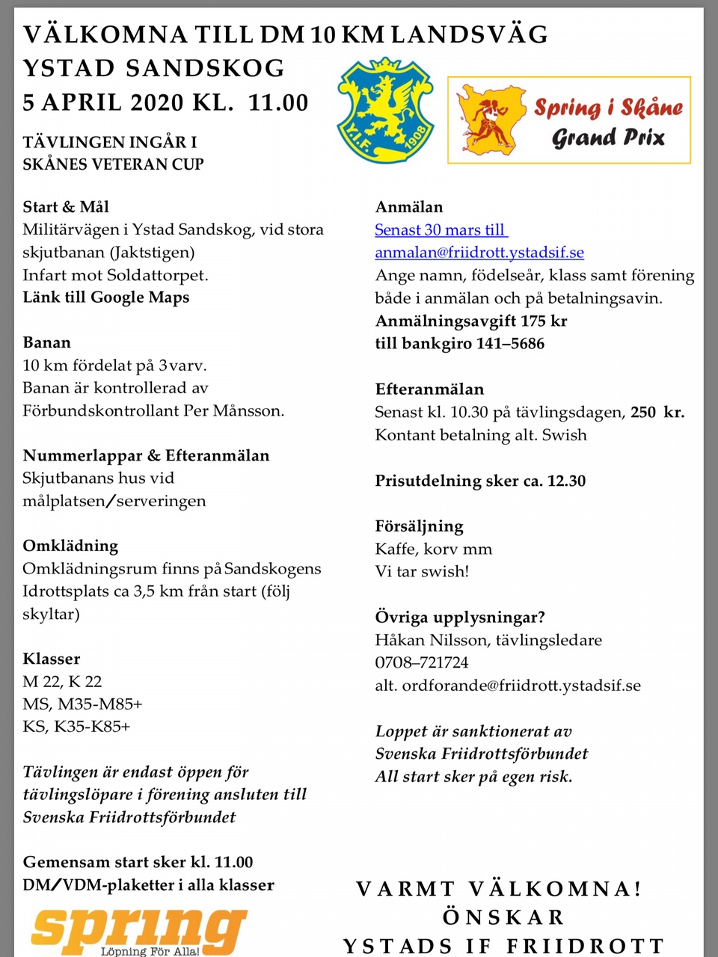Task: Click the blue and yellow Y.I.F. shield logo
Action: point(385,110)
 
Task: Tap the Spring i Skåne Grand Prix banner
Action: point(568,120)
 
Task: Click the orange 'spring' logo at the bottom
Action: point(139,929)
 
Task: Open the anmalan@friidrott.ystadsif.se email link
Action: point(479,253)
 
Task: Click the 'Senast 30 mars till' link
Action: point(441,230)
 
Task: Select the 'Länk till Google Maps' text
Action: point(105,298)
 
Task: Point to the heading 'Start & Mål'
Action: point(66,207)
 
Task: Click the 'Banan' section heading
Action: point(47,342)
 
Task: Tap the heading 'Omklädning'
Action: point(70,546)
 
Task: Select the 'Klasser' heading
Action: point(52,659)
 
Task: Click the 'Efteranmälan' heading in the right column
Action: point(429,389)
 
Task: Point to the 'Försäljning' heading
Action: point(419,526)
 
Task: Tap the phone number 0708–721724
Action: point(422,662)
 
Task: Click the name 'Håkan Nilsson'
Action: point(431,640)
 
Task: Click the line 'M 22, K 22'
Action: point(62,681)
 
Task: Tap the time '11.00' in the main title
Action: point(278,102)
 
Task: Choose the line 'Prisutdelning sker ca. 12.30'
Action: point(480,481)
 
